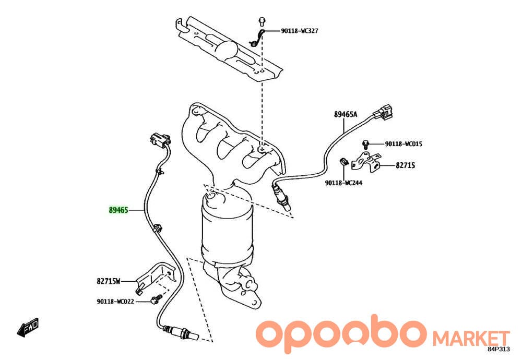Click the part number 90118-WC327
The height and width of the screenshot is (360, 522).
[300, 31]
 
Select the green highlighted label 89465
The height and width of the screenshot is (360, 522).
[118, 210]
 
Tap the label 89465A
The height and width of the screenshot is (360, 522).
[345, 114]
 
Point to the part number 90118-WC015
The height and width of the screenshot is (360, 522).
[404, 144]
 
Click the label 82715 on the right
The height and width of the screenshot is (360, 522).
[405, 165]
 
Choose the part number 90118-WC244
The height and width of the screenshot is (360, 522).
[343, 183]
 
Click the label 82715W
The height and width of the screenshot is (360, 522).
[109, 281]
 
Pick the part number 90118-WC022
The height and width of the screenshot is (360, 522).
[115, 302]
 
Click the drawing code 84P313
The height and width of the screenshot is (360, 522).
[499, 349]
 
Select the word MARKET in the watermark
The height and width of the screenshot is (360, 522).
[471, 339]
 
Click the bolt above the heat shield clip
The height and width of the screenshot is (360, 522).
[262, 21]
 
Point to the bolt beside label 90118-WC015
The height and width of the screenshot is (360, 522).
[365, 145]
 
